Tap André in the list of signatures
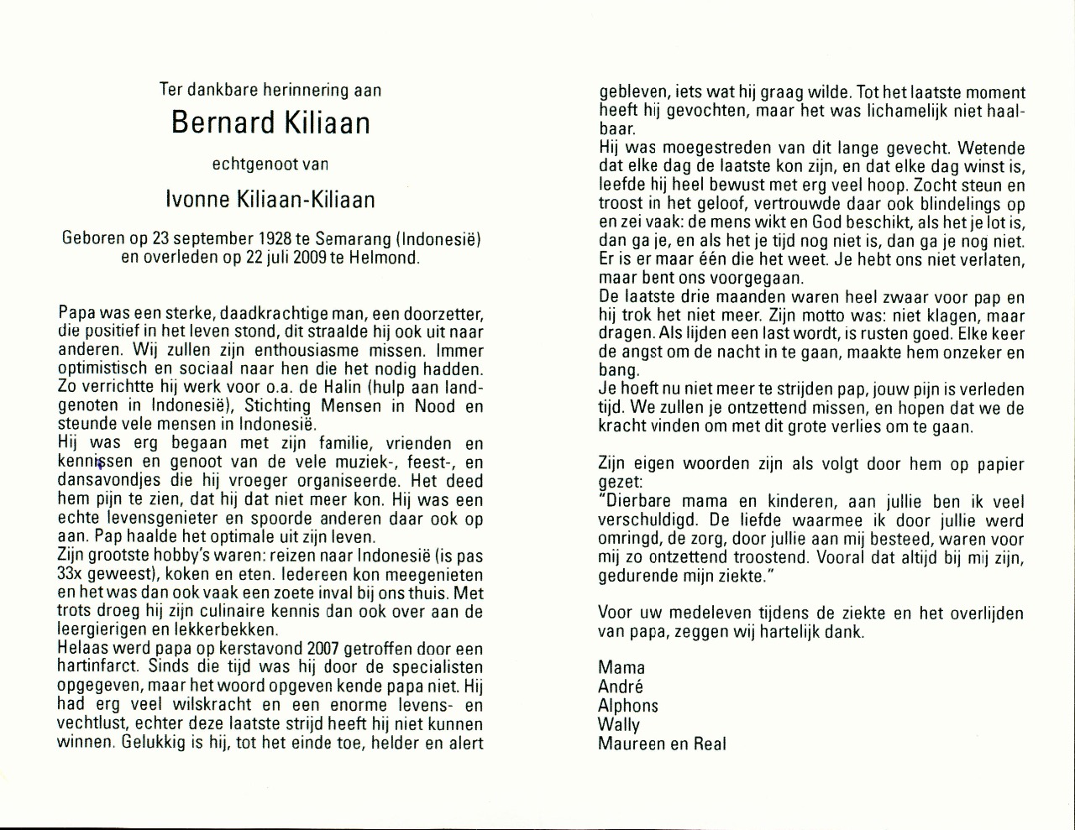(621, 686)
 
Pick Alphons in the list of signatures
(628, 706)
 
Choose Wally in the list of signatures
(619, 724)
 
